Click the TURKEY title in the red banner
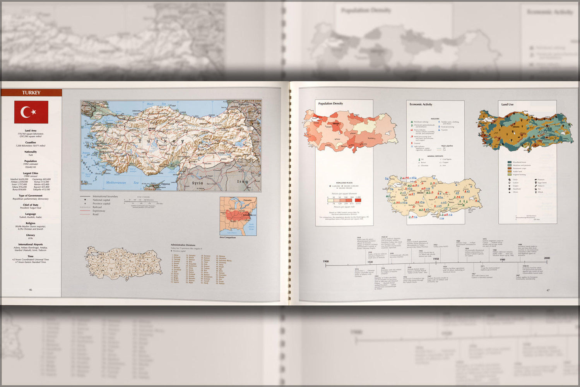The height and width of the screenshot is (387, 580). pos(31,93)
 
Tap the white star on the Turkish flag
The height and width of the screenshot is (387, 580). pos(34,112)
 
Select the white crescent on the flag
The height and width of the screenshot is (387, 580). pos(26,112)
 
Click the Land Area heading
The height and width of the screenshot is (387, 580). pos(31,131)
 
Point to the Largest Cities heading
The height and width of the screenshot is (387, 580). pos(31,173)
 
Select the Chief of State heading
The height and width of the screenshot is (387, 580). pos(31,205)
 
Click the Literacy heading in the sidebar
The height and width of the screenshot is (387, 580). pos(31,235)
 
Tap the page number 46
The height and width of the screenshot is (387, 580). pos(31,289)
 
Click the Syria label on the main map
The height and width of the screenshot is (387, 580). pos(197,183)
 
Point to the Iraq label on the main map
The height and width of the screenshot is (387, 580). pos(243,182)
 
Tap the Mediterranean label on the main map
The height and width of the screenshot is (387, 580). pos(116,182)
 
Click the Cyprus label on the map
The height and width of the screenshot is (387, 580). pos(166,184)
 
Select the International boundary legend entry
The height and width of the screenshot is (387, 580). pos(105,197)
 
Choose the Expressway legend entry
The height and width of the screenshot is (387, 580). pos(99,211)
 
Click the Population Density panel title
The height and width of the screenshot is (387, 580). pos(330,104)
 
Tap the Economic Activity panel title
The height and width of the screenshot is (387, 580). pos(421,104)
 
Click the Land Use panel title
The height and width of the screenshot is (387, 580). pos(507,104)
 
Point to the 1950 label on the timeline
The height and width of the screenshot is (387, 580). pos(436,259)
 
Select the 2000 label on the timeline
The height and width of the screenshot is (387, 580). pos(547,258)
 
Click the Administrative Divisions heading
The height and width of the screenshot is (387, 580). pos(183,245)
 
